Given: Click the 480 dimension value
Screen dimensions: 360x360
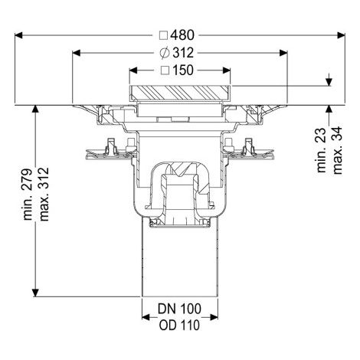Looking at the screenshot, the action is click(x=182, y=35).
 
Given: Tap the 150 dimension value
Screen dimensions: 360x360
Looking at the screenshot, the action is click(x=183, y=70).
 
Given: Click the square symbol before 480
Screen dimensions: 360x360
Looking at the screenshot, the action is click(x=163, y=35).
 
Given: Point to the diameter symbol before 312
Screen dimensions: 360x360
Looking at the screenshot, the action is click(x=165, y=53).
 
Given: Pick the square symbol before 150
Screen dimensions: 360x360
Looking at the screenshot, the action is click(x=165, y=70).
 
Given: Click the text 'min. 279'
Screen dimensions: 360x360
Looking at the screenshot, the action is click(x=28, y=194).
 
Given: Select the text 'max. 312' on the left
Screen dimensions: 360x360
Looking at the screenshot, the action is click(x=44, y=194).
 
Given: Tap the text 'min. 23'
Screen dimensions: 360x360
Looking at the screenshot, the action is click(x=322, y=150).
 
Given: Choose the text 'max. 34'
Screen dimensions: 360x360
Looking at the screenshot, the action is click(x=337, y=150).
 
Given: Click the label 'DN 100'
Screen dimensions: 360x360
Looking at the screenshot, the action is click(x=179, y=309).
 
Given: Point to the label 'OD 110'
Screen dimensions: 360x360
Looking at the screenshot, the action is click(x=179, y=326).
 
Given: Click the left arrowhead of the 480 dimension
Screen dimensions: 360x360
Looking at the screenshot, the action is click(x=18, y=35).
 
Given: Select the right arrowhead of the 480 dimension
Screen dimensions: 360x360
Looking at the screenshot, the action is click(x=341, y=35).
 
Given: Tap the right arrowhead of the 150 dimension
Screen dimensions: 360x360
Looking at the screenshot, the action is click(x=226, y=70).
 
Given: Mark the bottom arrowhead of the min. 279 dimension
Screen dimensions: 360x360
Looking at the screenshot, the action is click(x=35, y=293).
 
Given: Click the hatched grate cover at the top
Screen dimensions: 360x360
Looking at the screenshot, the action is click(x=180, y=93).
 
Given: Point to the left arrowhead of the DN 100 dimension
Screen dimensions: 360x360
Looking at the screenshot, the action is click(x=146, y=317).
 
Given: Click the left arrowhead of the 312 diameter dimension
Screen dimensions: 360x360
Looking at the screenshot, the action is click(x=77, y=53).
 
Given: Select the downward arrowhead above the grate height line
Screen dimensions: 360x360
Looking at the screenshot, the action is click(x=329, y=82).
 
